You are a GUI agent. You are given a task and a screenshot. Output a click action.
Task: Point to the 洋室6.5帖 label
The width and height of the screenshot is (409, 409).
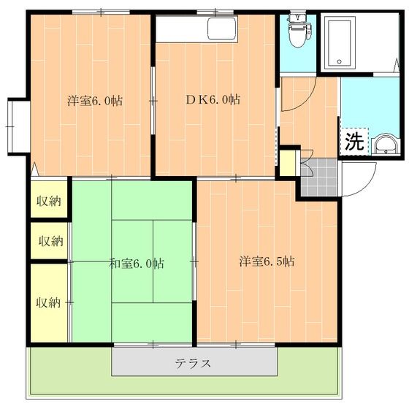[267, 261]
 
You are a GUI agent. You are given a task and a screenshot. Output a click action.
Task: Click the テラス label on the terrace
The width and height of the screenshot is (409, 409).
[194, 363]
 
